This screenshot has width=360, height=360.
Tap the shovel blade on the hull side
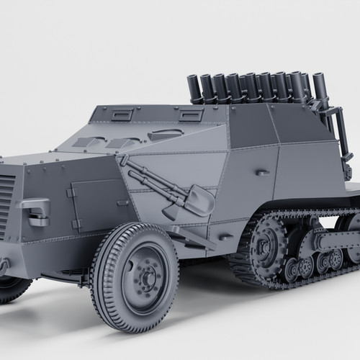tap(197, 200)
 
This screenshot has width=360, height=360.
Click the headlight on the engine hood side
tap(37, 210)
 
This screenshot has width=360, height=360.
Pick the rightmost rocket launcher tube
tap(320, 87)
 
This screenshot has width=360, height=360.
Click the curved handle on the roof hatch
tap(166, 134)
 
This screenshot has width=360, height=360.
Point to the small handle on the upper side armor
tap(263, 173)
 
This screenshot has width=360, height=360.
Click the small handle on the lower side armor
tap(226, 236)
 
